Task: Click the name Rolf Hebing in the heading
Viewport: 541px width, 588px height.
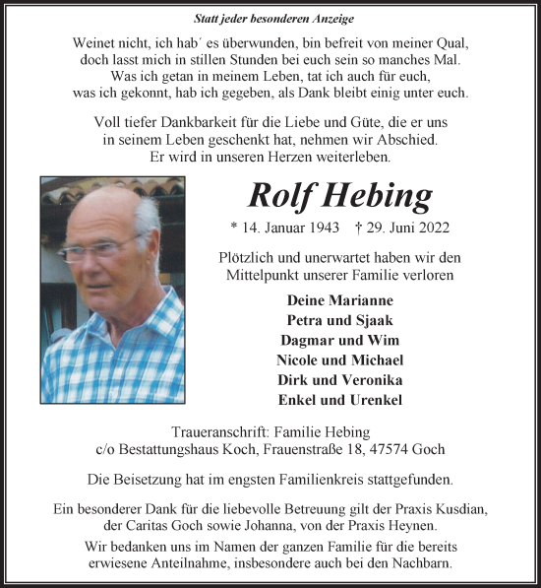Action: click(339, 195)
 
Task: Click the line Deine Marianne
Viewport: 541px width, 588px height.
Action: click(339, 299)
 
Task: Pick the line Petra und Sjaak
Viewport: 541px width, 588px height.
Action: click(339, 319)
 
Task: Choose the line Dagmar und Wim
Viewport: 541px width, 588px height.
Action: click(339, 340)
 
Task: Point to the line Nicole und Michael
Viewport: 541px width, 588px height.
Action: click(339, 359)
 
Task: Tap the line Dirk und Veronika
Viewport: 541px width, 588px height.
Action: click(339, 379)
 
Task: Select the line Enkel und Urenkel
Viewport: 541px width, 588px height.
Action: click(339, 399)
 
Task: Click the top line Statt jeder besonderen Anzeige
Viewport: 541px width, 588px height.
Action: click(270, 19)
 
